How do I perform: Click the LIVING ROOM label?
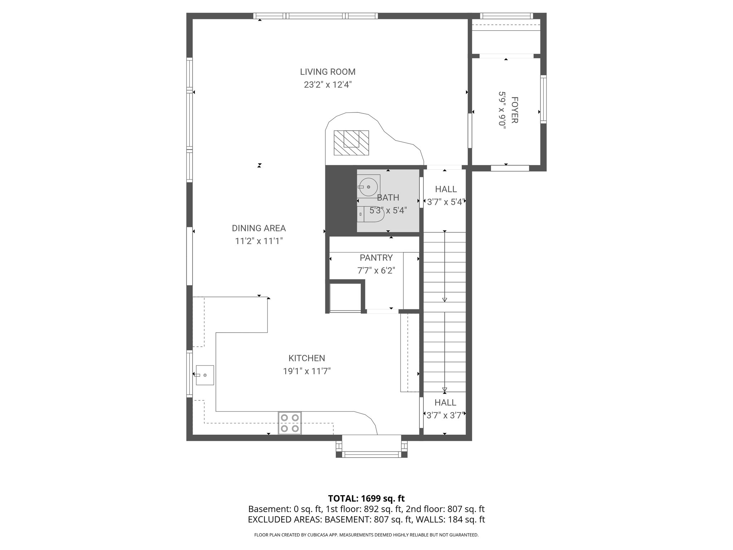[327, 72]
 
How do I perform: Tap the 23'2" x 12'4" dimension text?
[327, 85]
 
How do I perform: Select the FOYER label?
[514, 110]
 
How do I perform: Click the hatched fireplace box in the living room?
[351, 143]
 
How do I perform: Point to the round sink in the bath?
[368, 187]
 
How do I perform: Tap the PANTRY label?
[376, 257]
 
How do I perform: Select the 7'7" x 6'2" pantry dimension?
[376, 270]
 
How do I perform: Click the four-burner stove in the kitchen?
[290, 423]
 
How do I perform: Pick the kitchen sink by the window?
[205, 375]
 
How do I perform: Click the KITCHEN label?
[307, 358]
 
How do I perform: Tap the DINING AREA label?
[259, 228]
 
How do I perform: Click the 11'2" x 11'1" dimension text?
[259, 241]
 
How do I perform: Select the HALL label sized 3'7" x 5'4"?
[446, 189]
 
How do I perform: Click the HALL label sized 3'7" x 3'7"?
[445, 402]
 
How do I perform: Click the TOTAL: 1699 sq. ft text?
[366, 498]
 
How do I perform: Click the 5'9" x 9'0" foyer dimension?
[502, 110]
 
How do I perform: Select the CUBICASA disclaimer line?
[366, 535]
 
